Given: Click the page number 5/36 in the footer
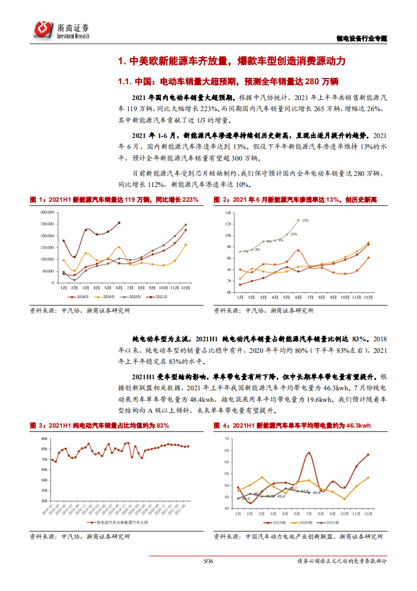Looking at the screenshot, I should click(x=208, y=561).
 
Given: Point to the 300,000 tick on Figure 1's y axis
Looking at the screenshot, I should click(x=47, y=212).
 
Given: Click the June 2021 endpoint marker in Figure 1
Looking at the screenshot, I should click(x=119, y=222).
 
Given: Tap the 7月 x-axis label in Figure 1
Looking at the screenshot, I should click(x=130, y=288).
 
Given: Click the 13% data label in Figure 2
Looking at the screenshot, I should click(x=305, y=220).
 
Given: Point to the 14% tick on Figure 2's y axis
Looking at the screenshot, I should click(x=228, y=212).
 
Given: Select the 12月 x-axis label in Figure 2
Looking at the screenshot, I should click(x=368, y=297).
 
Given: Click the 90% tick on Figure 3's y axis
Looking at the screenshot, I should click(x=45, y=438).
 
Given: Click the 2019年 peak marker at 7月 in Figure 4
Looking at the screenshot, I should click(x=309, y=453).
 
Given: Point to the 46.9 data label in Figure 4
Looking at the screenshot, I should click(x=316, y=492).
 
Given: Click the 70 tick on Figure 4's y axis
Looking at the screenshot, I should click(x=227, y=438).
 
